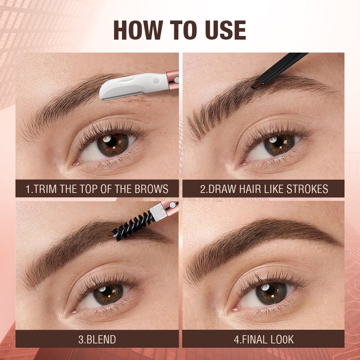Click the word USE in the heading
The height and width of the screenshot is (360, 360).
point(226,31)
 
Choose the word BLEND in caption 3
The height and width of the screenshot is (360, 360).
point(100,339)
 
